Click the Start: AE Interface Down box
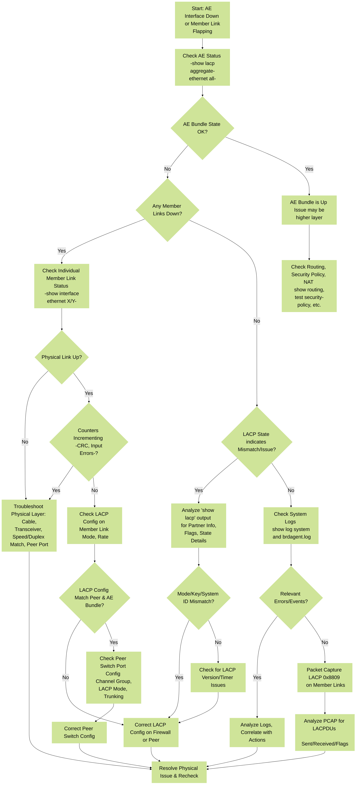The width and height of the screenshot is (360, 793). point(202,20)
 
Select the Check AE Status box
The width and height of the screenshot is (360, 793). point(202,67)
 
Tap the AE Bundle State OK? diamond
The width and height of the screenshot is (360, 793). point(202,128)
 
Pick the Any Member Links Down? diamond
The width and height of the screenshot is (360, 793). point(168,210)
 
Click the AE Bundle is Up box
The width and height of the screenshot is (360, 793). point(309,210)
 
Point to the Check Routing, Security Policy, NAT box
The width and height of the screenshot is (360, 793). point(309,286)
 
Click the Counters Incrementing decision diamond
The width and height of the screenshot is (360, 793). point(89,442)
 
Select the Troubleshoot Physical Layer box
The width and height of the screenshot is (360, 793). point(29,525)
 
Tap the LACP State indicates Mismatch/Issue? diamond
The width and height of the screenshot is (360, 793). point(257,442)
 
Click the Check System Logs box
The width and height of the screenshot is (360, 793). point(291,525)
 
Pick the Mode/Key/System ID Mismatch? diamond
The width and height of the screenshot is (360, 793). point(199,598)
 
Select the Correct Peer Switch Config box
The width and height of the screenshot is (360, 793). point(79,732)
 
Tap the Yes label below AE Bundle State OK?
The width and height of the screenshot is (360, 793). point(309,169)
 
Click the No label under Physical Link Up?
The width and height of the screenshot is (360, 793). point(25,442)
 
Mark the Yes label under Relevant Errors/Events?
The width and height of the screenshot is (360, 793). point(257,677)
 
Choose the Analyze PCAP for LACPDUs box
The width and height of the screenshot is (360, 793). point(325,732)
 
